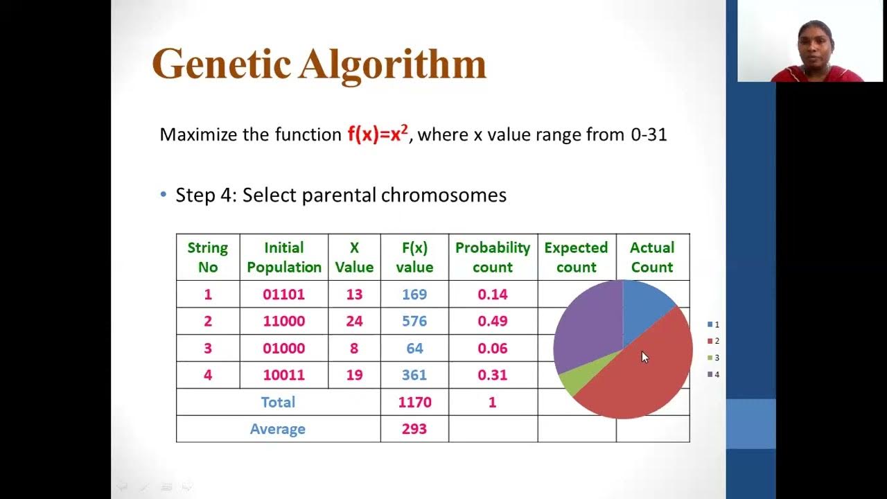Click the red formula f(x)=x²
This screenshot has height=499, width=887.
point(377,134)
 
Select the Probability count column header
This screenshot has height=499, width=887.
point(493,257)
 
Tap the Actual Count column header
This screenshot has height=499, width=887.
point(652,257)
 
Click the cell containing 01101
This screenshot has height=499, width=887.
point(283,295)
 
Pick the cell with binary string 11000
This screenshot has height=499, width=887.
point(283,322)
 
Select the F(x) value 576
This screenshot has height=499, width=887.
point(414,322)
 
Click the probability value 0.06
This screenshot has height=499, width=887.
point(493,349)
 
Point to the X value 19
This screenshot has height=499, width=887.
point(354,376)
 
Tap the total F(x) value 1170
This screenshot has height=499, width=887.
point(414,402)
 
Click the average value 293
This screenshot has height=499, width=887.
point(414,429)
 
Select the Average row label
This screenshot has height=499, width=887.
point(278,429)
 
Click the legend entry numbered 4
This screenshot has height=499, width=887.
point(713,374)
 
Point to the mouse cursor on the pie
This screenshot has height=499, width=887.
point(644,357)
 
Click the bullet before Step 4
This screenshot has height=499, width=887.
point(164,195)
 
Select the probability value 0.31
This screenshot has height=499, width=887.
point(493,376)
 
